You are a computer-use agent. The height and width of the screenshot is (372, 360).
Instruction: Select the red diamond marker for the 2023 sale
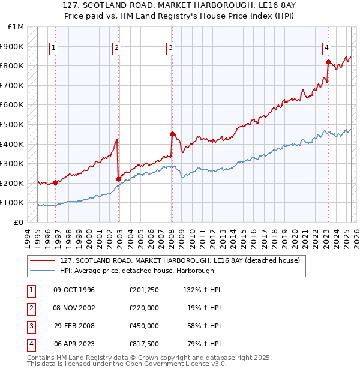pyautogui.click(x=328, y=62)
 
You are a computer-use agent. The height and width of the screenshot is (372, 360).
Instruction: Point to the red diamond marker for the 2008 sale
pyautogui.click(x=172, y=134)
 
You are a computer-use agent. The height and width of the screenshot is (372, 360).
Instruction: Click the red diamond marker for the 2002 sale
pyautogui.click(x=118, y=179)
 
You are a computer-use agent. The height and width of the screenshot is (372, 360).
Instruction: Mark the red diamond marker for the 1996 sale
pyautogui.click(x=55, y=182)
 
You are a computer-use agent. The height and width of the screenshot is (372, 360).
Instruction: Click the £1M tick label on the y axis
pyautogui.click(x=16, y=27)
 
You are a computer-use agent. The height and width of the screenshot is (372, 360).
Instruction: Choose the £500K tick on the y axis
pyautogui.click(x=13, y=124)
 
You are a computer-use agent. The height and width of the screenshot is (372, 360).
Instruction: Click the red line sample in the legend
pyautogui.click(x=43, y=260)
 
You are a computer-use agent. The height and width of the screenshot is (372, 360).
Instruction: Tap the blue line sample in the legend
pyautogui.click(x=43, y=271)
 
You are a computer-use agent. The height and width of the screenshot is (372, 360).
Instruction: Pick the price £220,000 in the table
pyautogui.click(x=143, y=308)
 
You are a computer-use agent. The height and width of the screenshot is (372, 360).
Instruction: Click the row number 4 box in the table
pyautogui.click(x=30, y=344)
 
